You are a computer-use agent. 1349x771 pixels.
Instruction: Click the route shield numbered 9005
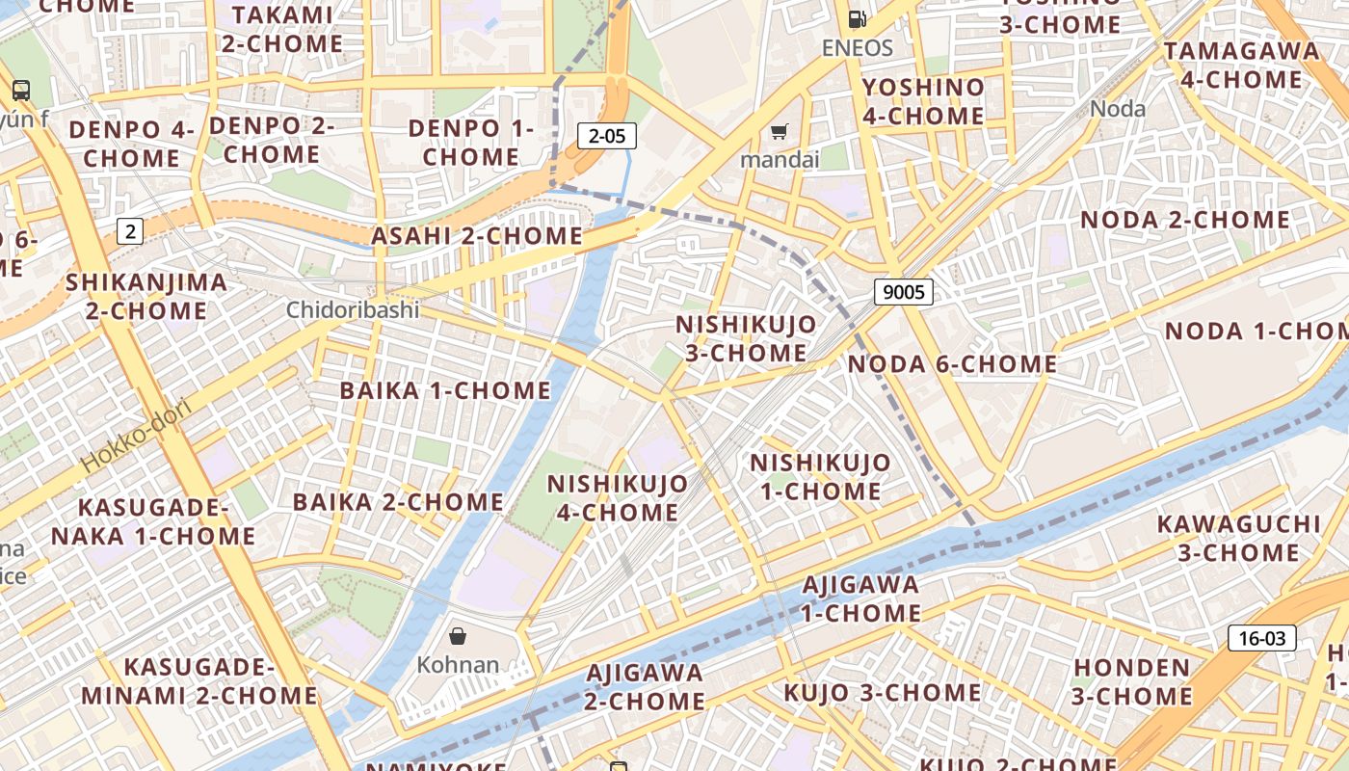903,291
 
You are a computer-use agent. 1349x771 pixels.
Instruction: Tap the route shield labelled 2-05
607,136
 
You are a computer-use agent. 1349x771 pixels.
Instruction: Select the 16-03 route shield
1261,638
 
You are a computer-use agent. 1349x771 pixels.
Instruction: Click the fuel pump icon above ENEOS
857,18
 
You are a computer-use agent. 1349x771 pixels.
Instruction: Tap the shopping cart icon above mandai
780,131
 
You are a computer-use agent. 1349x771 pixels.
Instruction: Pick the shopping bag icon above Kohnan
458,636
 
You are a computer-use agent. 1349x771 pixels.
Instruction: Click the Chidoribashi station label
353,310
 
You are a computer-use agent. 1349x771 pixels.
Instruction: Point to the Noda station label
1118,109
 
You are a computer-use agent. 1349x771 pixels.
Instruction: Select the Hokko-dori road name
137,435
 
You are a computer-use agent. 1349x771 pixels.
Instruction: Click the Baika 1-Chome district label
445,390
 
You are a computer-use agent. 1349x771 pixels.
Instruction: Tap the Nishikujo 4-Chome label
618,497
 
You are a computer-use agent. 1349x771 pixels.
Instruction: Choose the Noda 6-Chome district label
952,364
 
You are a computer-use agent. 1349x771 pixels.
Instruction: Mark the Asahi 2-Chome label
477,236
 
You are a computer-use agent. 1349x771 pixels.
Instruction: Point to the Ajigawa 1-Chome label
861,598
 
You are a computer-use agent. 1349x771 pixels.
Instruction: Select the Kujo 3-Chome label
882,693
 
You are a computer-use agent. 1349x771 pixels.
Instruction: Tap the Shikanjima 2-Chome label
146,297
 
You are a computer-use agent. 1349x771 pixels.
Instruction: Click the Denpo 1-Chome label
471,142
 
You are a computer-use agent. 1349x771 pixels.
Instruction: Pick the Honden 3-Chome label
1132,681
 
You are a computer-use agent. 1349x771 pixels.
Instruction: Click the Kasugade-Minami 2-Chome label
199,681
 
